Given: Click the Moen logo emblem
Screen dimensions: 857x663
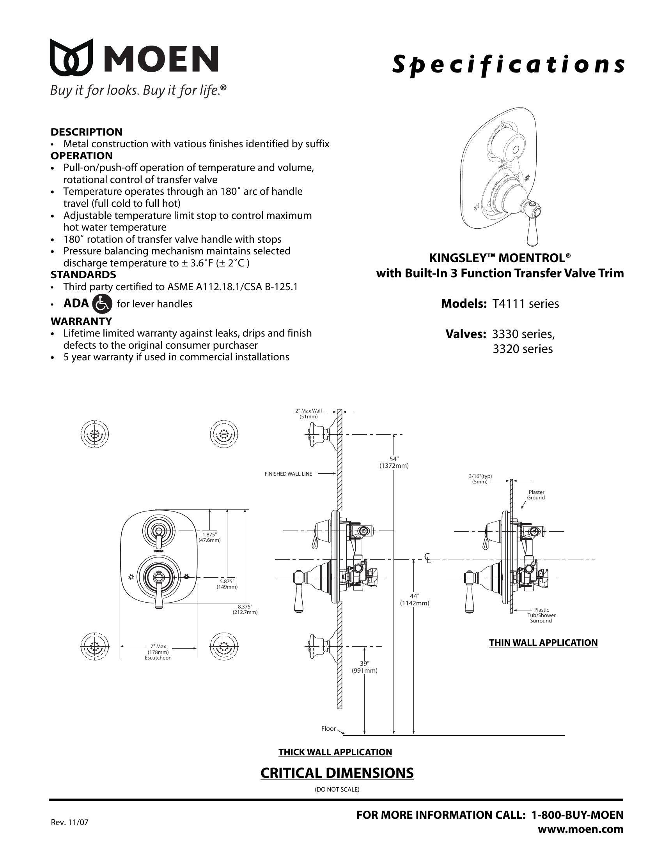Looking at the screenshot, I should click(x=71, y=57).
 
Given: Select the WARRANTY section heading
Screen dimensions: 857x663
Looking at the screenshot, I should click(x=81, y=321).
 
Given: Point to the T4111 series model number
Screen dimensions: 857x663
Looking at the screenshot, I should click(x=526, y=304).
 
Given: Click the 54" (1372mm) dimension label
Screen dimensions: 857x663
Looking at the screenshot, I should click(x=394, y=462).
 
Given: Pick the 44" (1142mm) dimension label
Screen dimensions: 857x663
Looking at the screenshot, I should click(x=414, y=600).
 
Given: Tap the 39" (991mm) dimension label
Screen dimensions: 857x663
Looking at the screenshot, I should click(x=365, y=667).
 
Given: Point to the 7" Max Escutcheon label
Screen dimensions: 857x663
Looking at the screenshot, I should click(x=158, y=652).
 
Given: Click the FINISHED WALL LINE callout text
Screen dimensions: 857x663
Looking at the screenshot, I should click(x=288, y=474).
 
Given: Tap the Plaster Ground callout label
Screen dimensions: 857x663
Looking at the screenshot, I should click(x=536, y=495).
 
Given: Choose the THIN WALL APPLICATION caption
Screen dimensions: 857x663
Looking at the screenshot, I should click(x=543, y=643).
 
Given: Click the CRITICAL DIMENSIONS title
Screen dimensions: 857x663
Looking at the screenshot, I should click(x=337, y=772).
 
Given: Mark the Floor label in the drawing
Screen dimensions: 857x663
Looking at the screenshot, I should click(x=328, y=729).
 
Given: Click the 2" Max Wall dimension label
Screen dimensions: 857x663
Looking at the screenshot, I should click(x=308, y=414).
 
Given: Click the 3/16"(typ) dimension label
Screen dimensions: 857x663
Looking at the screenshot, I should click(x=480, y=479).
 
